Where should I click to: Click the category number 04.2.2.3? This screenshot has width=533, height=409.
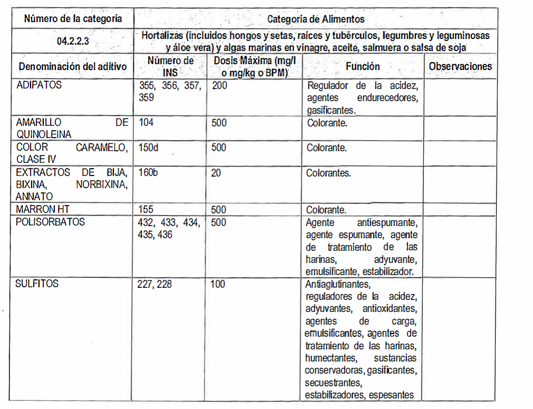tap(73, 41)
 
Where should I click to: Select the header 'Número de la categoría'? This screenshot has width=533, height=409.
tap(73, 19)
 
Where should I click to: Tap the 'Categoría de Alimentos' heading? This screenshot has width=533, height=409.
tap(315, 19)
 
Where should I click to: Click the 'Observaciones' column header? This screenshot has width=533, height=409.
tap(460, 66)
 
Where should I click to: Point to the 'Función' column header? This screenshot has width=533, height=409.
tap(363, 66)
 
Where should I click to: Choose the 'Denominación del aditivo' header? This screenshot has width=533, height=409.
tap(73, 67)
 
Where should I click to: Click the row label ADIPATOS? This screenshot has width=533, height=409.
tap(39, 85)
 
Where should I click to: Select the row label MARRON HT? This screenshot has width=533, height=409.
tap(43, 209)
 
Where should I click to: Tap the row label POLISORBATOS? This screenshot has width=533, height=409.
tap(51, 222)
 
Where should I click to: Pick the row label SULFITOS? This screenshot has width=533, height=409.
tap(37, 284)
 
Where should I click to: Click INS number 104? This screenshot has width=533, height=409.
tap(147, 123)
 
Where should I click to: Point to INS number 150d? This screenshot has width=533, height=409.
tap(149, 148)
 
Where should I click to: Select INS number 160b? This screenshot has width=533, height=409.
tap(149, 172)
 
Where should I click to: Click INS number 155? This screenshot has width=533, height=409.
tap(147, 209)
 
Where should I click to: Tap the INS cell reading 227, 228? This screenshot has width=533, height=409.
tap(156, 284)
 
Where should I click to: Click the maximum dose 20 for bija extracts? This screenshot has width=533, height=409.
tap(217, 172)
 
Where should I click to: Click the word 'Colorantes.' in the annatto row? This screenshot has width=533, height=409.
tap(328, 173)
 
